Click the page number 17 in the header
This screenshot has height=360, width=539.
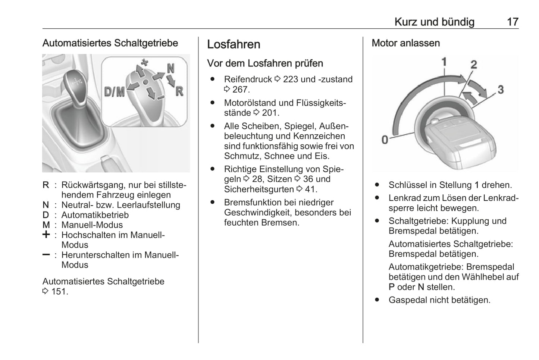(513, 22)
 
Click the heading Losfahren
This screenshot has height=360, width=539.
(234, 44)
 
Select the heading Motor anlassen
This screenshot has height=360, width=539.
(405, 43)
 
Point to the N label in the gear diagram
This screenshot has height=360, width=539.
(170, 68)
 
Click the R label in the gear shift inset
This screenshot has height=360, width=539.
(179, 91)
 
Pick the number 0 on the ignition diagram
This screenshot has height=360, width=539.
(385, 140)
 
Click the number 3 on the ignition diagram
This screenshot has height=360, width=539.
(501, 90)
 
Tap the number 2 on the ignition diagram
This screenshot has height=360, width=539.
(474, 65)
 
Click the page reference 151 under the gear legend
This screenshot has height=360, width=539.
(59, 292)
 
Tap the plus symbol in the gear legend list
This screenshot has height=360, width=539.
(46, 235)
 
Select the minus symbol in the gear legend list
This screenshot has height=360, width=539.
(46, 255)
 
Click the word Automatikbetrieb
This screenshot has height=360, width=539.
(95, 215)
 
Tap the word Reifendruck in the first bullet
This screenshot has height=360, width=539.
(248, 79)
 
